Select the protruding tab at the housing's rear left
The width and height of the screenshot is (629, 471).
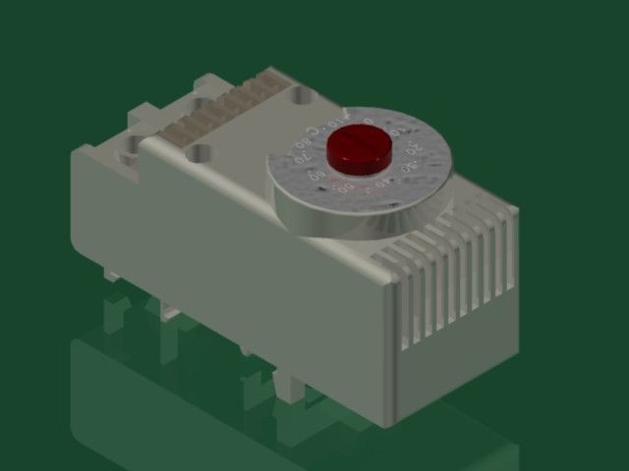[137, 118]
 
